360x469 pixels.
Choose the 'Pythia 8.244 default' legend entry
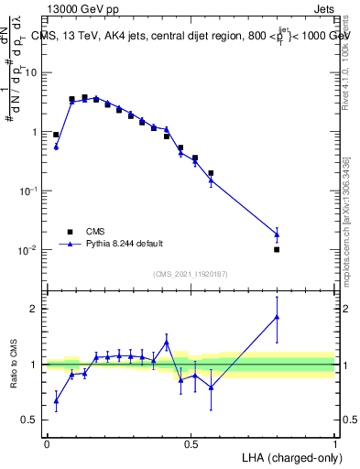(x=125, y=244)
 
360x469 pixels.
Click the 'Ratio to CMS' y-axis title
(x=14, y=365)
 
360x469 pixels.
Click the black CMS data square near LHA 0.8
(x=277, y=249)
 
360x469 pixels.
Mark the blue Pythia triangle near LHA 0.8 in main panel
(x=277, y=234)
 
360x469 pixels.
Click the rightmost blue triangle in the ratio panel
(x=277, y=317)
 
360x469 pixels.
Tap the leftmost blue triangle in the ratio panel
(x=56, y=400)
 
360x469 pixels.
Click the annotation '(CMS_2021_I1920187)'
(x=191, y=272)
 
